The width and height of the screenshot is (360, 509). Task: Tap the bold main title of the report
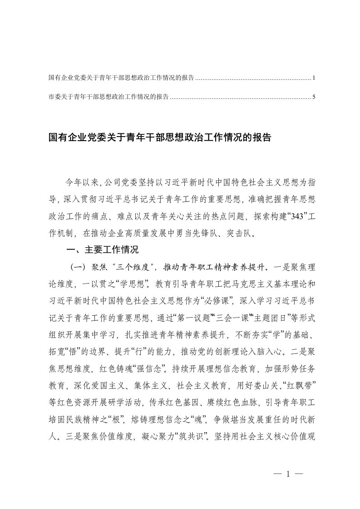(x=159, y=137)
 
